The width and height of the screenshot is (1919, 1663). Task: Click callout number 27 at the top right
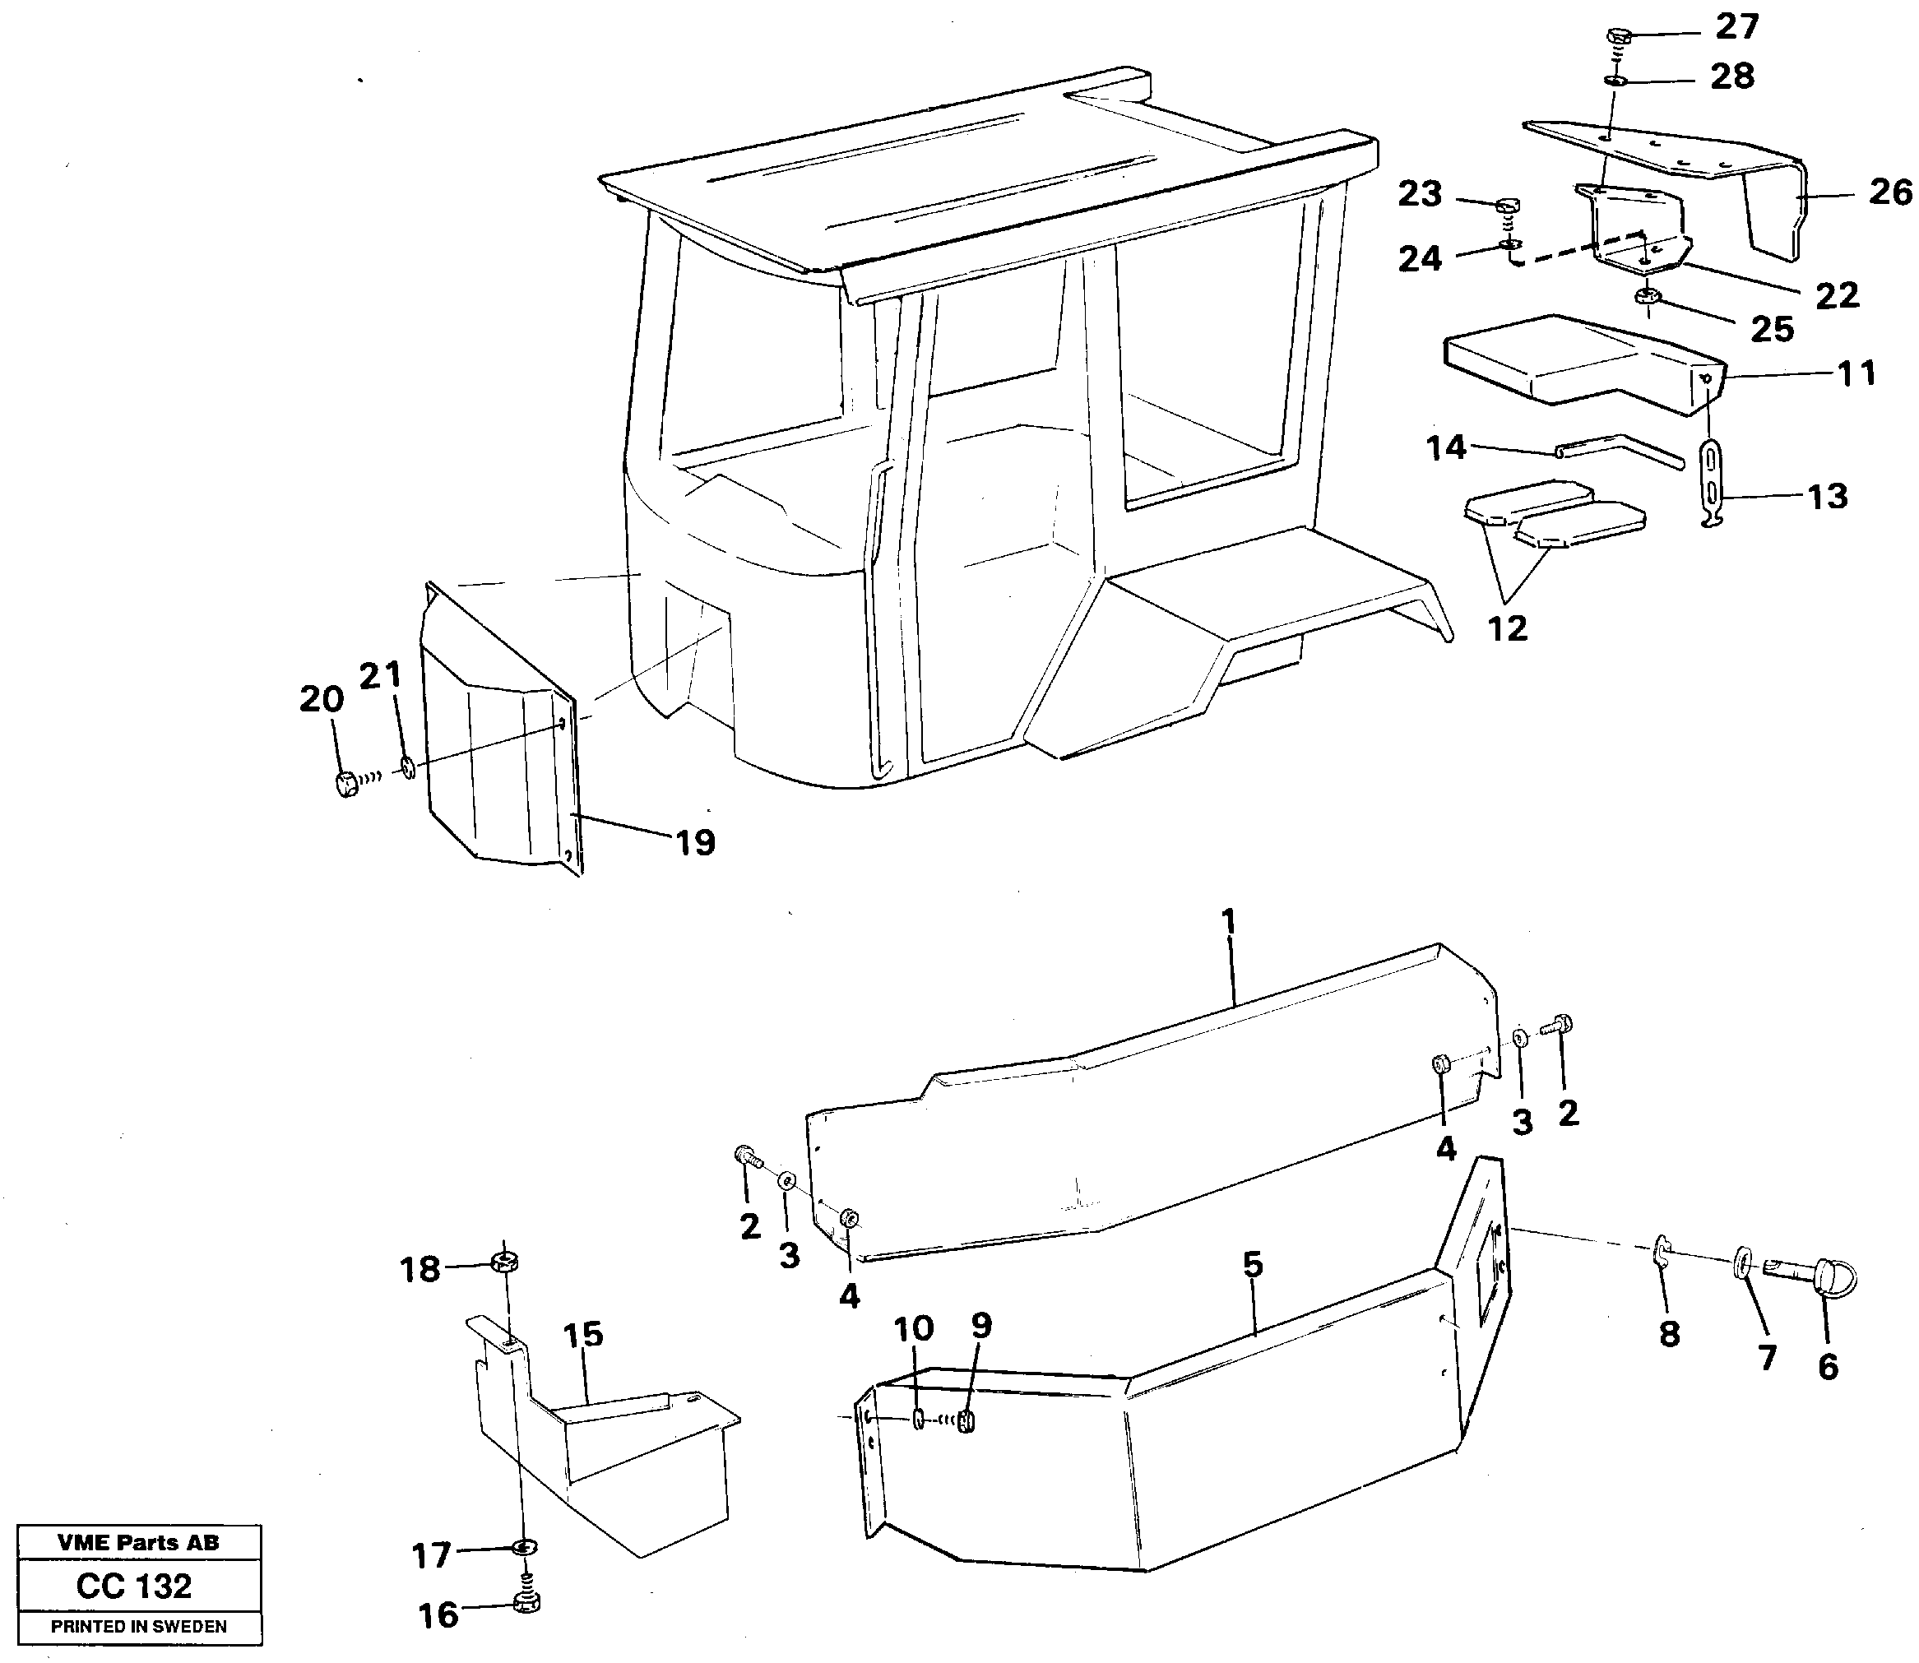(x=1736, y=27)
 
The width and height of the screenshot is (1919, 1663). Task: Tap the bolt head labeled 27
(x=1616, y=36)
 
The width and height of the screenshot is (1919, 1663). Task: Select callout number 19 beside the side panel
(x=695, y=843)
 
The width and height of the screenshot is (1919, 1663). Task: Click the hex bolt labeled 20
(x=346, y=784)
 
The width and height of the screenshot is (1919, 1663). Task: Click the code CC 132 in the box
(x=135, y=1586)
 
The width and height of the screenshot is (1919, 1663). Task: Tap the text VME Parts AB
(x=138, y=1542)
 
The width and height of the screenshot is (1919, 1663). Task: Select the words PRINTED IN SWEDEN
(x=138, y=1627)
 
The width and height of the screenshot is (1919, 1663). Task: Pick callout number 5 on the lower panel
(x=1253, y=1263)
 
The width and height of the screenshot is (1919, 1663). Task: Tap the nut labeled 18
(x=506, y=1262)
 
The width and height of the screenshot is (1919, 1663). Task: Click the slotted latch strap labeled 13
(x=1712, y=486)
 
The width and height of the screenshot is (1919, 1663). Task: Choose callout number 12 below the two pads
(x=1507, y=628)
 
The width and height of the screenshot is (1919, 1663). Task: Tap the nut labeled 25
(x=1648, y=298)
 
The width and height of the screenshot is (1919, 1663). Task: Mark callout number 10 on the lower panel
(x=913, y=1328)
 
